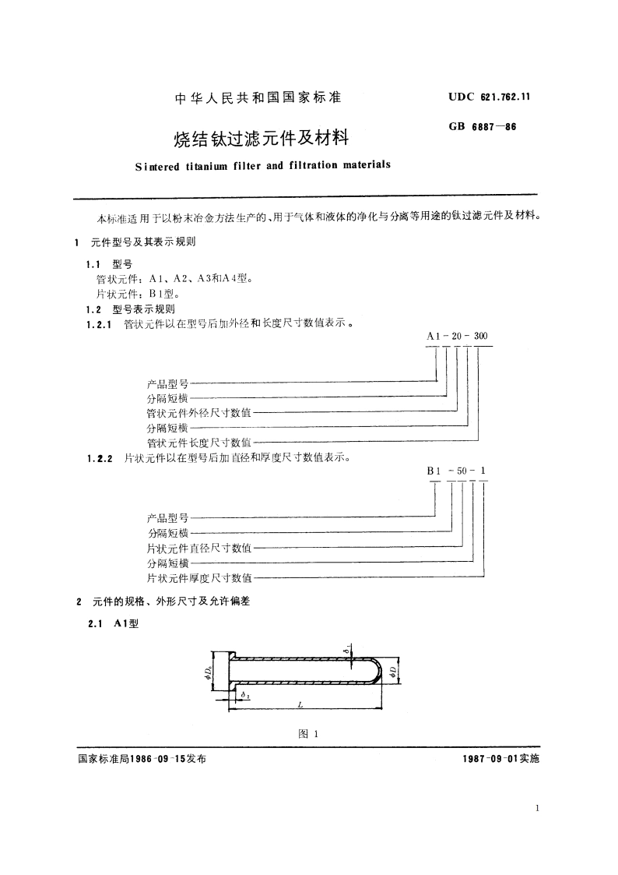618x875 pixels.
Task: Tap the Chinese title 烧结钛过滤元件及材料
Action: click(x=261, y=139)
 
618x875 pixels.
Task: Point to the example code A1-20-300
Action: click(x=458, y=335)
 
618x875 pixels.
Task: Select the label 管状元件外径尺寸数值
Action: click(x=199, y=413)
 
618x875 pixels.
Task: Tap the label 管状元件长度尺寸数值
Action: click(x=199, y=443)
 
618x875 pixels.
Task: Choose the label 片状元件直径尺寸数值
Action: click(x=199, y=548)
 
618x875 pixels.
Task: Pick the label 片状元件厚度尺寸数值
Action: click(x=199, y=577)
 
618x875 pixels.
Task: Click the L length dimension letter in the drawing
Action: click(x=300, y=704)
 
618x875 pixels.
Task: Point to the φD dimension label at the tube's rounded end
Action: click(x=396, y=670)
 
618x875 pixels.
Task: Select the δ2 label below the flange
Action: click(x=244, y=693)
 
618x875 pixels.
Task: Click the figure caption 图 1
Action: click(x=309, y=733)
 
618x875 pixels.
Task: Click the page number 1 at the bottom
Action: click(x=537, y=810)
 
